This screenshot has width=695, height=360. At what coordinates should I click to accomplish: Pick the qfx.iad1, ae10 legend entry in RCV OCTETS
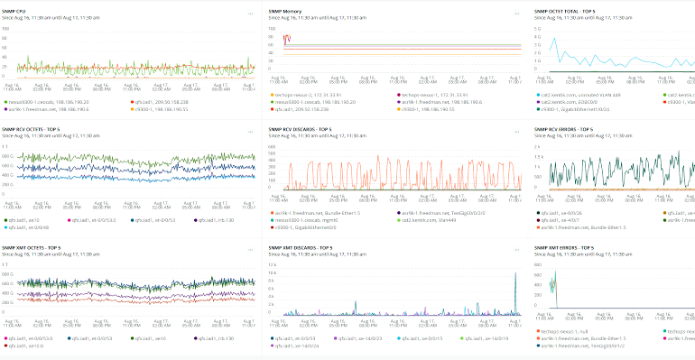(x=23, y=217)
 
